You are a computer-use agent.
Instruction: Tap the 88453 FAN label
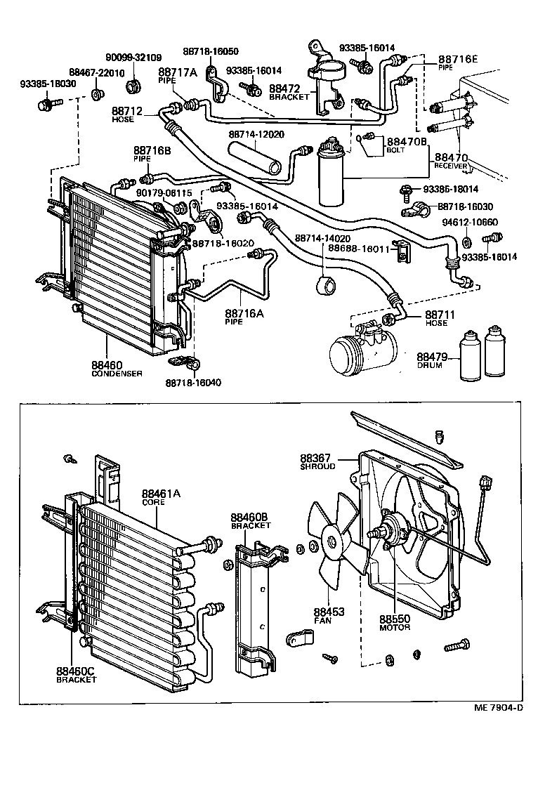329,616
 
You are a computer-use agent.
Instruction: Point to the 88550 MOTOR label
395,623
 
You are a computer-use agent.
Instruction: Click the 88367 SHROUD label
318,461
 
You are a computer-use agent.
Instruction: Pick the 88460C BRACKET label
77,675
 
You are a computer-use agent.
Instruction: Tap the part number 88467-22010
97,73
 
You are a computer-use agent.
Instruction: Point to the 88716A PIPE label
244,316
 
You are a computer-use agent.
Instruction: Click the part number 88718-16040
193,382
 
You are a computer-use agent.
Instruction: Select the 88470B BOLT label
400,145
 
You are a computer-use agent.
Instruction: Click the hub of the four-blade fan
333,541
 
